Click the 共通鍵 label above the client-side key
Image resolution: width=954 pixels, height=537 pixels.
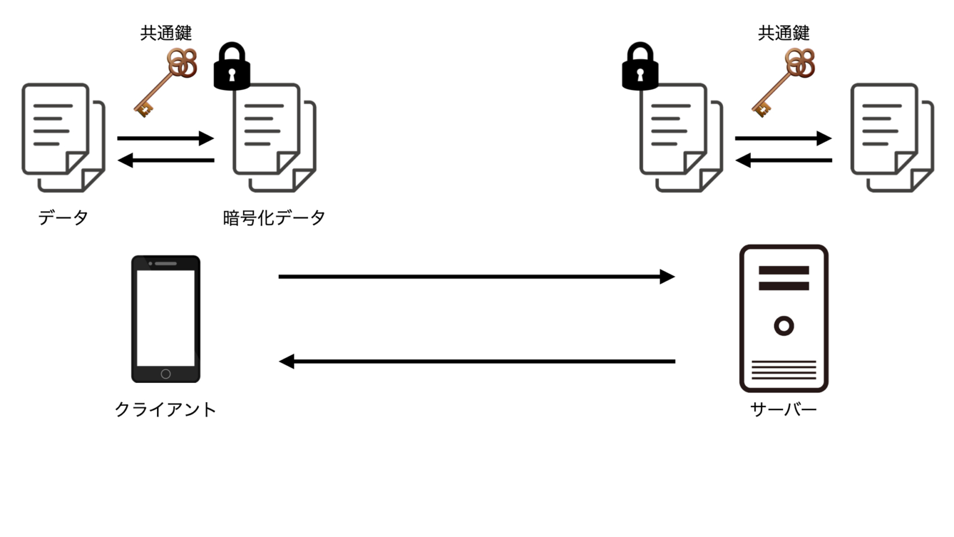click(x=166, y=33)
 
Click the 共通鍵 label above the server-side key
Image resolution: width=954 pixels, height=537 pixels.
click(x=784, y=33)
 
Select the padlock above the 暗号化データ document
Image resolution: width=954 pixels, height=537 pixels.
click(x=232, y=67)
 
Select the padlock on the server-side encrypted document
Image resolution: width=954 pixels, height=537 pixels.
click(x=640, y=67)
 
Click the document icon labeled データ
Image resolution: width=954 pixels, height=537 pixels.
click(x=62, y=137)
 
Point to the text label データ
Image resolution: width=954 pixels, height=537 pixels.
click(x=63, y=218)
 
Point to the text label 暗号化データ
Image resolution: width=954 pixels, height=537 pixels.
click(x=274, y=218)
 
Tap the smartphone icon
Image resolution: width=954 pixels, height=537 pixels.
click(x=166, y=318)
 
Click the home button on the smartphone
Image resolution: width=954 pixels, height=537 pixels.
click(x=166, y=374)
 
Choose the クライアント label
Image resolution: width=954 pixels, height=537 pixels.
click(x=166, y=410)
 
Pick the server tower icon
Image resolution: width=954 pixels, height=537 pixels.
click(x=784, y=318)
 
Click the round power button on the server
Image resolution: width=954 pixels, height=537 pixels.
click(x=784, y=326)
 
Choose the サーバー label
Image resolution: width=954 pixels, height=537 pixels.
click(x=784, y=410)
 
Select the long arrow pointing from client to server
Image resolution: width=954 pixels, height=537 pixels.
click(x=476, y=277)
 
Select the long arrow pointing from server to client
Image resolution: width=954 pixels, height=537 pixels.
click(x=476, y=361)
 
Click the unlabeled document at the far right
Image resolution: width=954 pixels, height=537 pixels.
click(x=891, y=137)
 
